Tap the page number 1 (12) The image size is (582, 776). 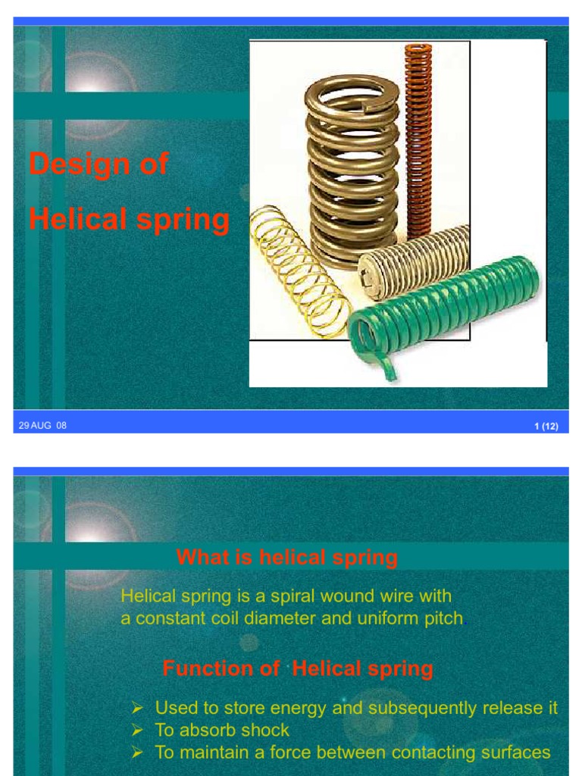point(546,427)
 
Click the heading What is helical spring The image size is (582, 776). point(286,559)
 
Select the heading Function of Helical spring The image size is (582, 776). point(298,668)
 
